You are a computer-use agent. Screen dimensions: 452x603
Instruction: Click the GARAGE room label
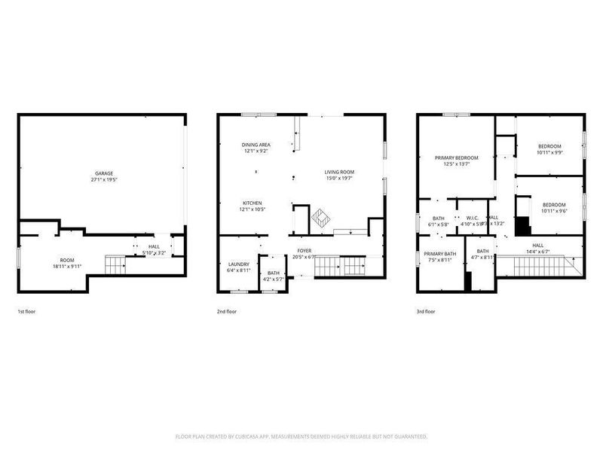[x=104, y=173]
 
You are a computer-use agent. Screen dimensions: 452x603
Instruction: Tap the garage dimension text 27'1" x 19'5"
[x=104, y=180]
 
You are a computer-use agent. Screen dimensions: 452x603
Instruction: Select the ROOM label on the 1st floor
[x=67, y=259]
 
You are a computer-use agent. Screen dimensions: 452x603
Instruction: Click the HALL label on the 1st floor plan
[x=154, y=246]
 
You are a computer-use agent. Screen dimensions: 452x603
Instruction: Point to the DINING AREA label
[x=256, y=145]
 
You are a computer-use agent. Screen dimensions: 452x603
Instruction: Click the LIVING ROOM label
[x=339, y=172]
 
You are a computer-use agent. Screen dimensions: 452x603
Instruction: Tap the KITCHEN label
[x=252, y=203]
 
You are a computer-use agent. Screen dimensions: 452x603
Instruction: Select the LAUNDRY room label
[x=238, y=264]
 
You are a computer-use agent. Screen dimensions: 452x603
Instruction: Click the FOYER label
[x=304, y=250]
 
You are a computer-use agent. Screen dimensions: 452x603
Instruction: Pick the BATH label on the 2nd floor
[x=273, y=273]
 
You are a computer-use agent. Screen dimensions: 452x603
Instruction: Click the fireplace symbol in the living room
[x=320, y=217]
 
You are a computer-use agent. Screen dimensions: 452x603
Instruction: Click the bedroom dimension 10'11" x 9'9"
[x=549, y=152]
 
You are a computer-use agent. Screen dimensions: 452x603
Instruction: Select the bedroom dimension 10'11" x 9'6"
[x=554, y=211]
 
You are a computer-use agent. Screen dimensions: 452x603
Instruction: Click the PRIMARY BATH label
[x=439, y=254]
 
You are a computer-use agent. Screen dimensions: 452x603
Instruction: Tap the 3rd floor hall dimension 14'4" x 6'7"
[x=538, y=252]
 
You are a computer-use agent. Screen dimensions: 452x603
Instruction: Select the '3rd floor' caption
[x=426, y=310]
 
